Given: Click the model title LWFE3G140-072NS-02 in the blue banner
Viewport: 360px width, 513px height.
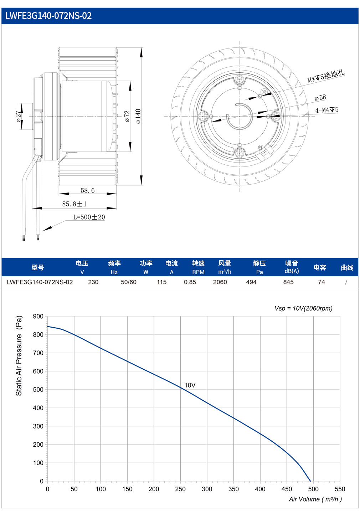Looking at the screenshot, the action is (x=48, y=16).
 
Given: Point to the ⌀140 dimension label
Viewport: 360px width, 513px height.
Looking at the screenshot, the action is (x=138, y=116).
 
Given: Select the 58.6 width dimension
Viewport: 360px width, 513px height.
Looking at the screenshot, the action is (x=87, y=190).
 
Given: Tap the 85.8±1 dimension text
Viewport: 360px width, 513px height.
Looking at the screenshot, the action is (x=74, y=204).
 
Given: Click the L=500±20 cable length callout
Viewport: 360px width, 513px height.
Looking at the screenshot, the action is (x=89, y=217).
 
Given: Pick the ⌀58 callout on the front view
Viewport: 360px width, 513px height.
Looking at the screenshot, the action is (x=320, y=98).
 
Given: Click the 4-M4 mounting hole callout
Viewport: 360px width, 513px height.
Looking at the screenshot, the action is (x=327, y=110).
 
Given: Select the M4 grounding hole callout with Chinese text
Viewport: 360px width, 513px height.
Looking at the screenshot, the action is (x=326, y=76).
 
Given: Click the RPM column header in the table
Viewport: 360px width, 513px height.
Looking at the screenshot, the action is (x=198, y=272).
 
